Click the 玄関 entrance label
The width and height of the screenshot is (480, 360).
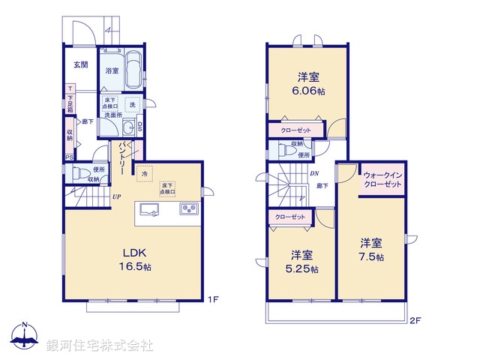tap(80, 64)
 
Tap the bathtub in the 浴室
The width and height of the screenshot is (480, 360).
tap(134, 69)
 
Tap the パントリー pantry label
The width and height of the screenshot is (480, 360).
tap(121, 159)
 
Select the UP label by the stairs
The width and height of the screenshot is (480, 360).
tap(116, 197)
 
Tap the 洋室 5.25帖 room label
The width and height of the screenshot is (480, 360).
tap(303, 262)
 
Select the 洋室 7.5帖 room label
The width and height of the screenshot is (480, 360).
tap(370, 250)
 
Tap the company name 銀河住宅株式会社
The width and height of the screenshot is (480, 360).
tap(100, 346)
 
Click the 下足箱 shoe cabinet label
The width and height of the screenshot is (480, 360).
tap(70, 100)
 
